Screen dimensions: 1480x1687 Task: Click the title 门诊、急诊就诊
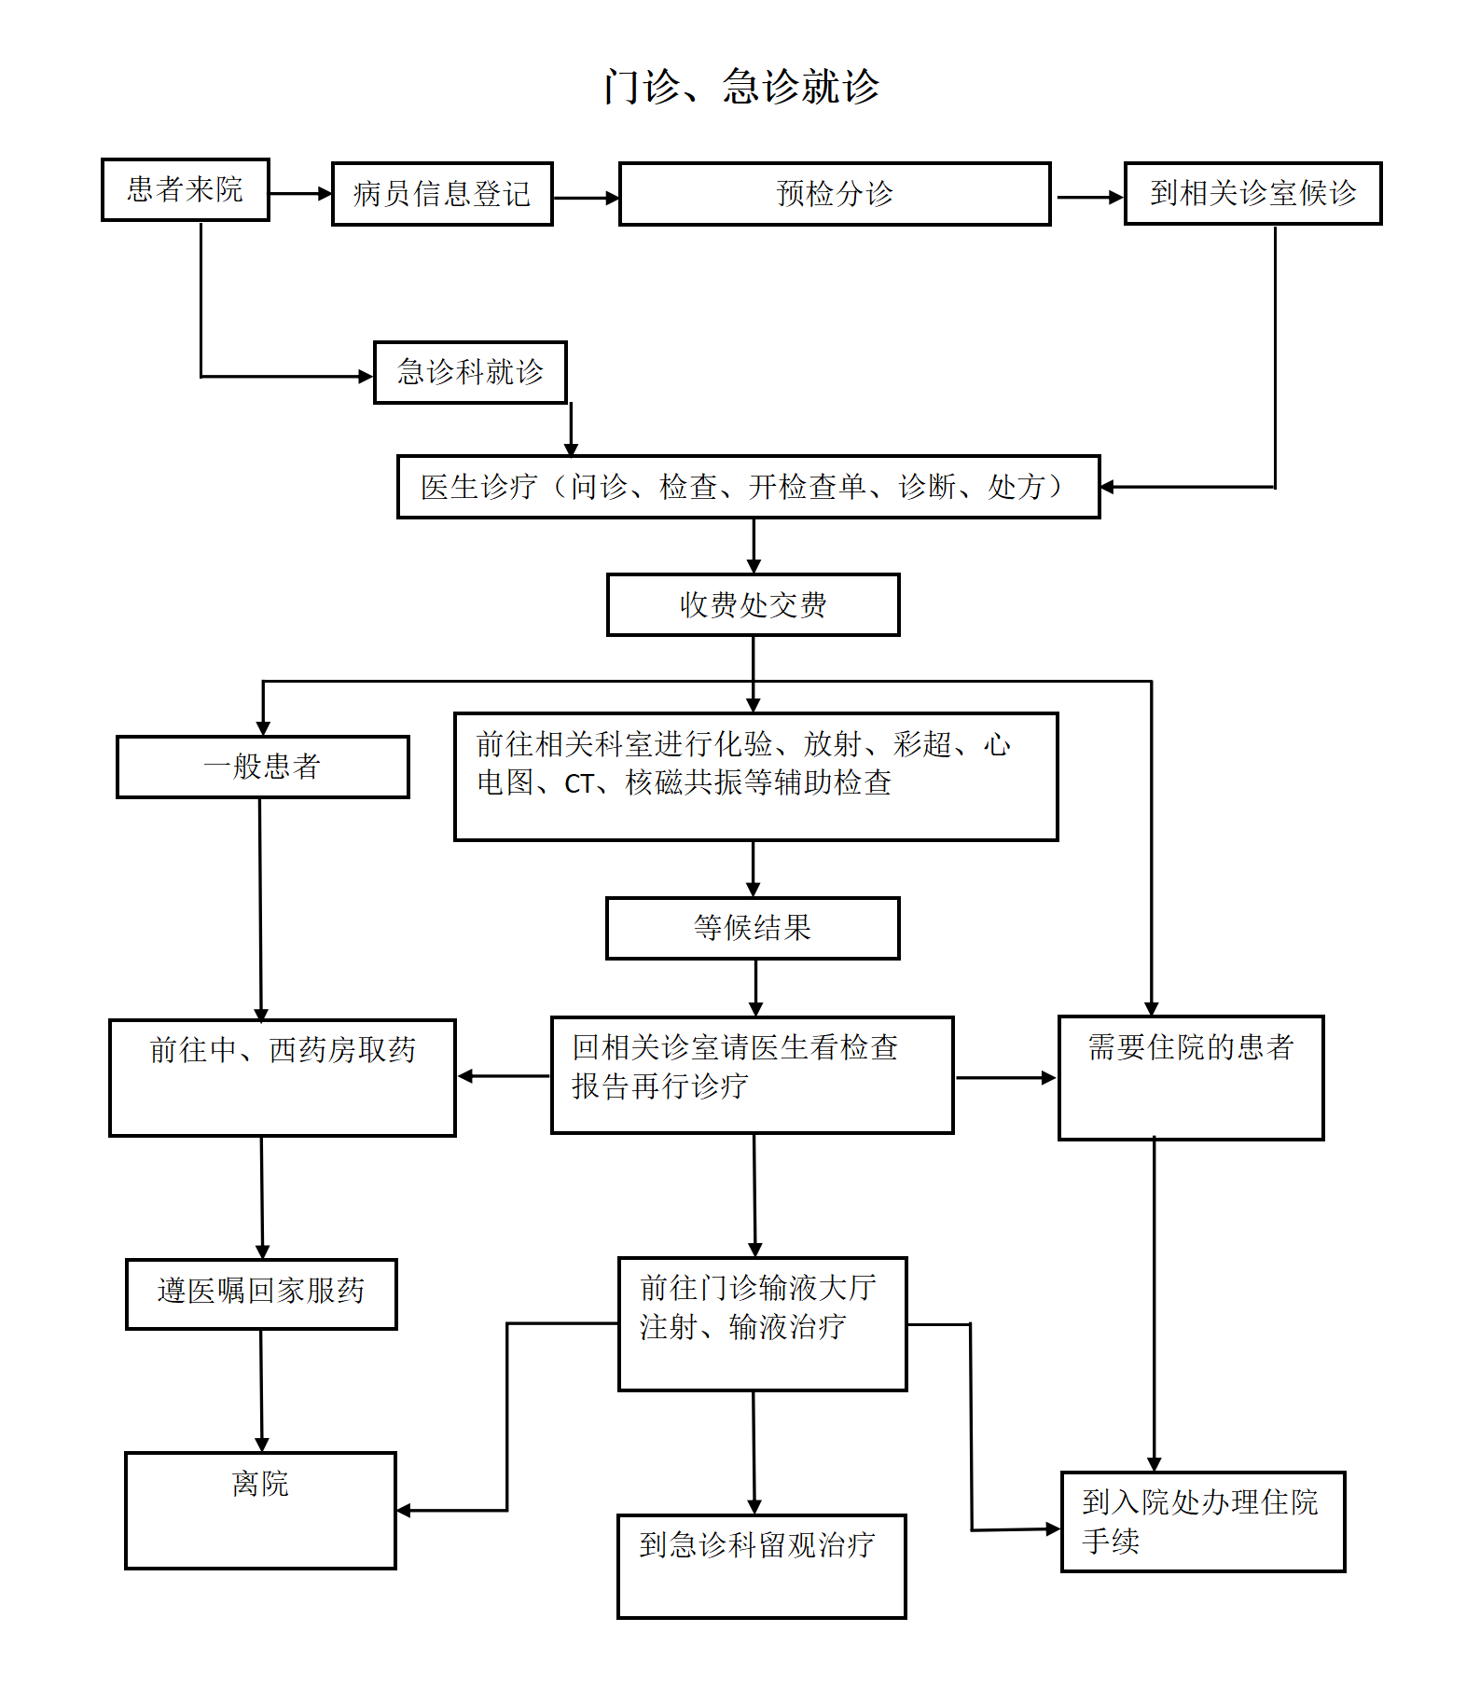click(x=741, y=87)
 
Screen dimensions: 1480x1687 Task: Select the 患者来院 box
click(x=186, y=189)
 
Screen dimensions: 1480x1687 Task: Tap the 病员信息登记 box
click(x=442, y=194)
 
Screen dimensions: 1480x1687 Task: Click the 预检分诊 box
click(x=835, y=194)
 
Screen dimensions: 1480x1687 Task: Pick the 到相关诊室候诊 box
click(x=1252, y=193)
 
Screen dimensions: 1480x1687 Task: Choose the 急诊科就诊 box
click(x=470, y=372)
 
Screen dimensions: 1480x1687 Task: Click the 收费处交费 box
click(x=754, y=605)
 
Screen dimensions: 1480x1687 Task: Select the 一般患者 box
click(x=263, y=767)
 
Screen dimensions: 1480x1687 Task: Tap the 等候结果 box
click(x=753, y=928)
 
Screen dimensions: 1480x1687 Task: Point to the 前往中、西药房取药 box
click(x=283, y=1077)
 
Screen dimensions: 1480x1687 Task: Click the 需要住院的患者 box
click(x=1191, y=1077)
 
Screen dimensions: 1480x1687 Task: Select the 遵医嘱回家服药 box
click(x=261, y=1293)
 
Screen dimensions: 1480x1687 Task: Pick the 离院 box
click(x=260, y=1510)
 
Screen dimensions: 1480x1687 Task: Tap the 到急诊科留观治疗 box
click(x=761, y=1566)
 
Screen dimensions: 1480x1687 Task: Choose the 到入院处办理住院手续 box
click(x=1203, y=1522)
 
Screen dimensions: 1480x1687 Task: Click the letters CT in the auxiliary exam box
click(x=579, y=784)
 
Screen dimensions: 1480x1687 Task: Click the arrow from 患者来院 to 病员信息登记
click(x=301, y=194)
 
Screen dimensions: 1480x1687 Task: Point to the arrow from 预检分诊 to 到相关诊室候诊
click(x=1090, y=198)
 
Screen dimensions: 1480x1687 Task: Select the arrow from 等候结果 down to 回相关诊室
click(x=755, y=989)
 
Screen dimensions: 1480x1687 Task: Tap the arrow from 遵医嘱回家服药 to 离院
click(x=261, y=1390)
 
